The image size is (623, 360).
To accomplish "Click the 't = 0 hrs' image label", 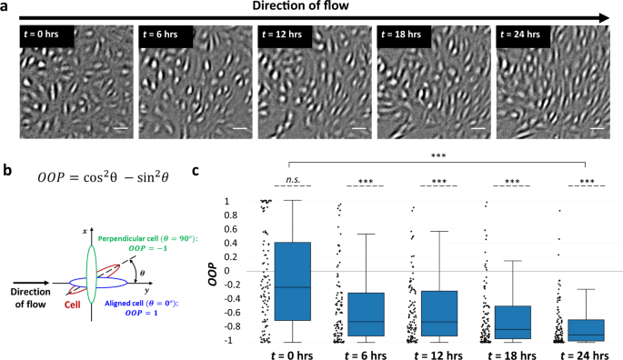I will pos(46,37).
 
